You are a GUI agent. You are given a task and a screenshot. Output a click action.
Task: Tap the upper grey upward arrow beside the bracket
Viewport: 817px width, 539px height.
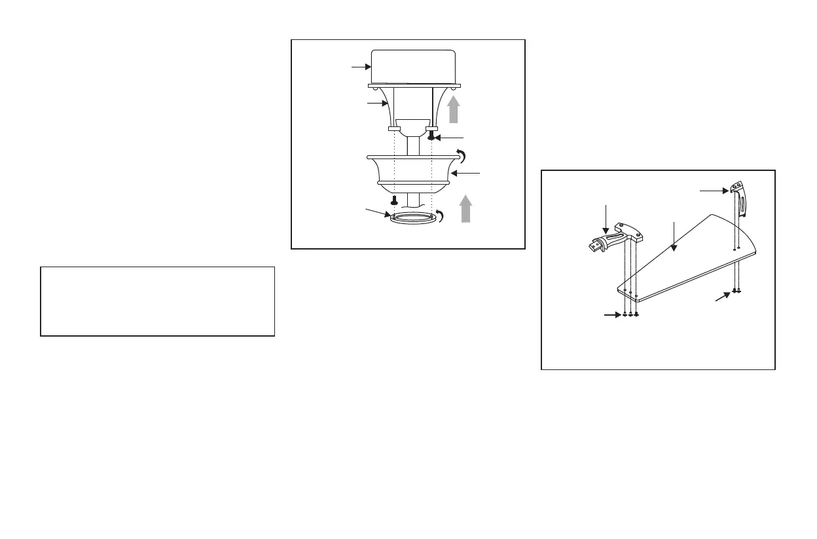pos(453,111)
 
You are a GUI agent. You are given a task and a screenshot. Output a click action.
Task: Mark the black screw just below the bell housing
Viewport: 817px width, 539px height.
pos(395,199)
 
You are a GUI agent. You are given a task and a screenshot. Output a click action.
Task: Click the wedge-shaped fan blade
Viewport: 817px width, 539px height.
pos(687,262)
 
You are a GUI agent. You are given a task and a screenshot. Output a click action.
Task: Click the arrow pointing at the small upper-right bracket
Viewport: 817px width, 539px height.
pos(714,191)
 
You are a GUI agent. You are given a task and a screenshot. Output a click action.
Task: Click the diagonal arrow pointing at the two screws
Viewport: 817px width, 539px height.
pos(722,298)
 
